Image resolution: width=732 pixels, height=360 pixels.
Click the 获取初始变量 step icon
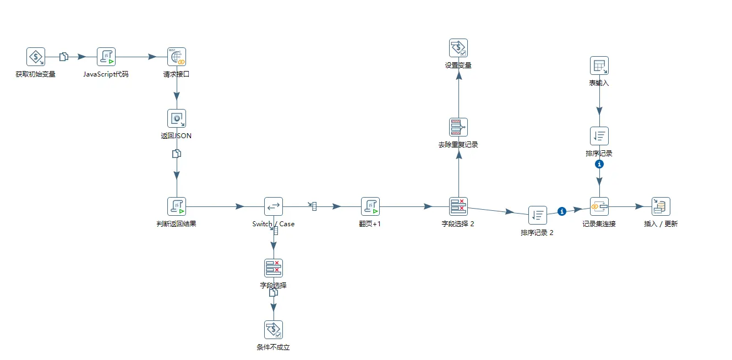pos(36,56)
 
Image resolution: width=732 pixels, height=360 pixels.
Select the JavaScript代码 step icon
pos(106,56)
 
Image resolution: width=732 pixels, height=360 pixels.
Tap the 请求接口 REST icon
pos(177,56)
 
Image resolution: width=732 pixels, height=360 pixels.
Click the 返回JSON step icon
pos(177,118)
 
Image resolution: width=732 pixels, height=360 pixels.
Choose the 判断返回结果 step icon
pos(177,206)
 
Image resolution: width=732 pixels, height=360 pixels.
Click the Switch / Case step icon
pos(274,206)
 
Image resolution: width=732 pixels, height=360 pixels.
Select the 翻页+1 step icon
pos(370,206)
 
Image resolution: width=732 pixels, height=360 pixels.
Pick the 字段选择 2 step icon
pos(458,206)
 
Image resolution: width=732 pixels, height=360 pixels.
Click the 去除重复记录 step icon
pos(458,127)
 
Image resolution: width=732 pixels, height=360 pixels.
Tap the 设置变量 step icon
pos(458,48)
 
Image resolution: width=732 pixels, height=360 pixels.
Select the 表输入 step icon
pos(599,66)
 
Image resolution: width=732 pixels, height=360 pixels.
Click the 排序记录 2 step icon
pos(538,215)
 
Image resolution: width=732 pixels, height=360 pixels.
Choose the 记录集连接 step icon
pos(599,206)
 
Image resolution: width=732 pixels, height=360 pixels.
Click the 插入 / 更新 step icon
pos(661,206)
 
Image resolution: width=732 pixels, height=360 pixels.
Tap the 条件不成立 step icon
pos(274,330)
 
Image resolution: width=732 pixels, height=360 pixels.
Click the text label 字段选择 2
pos(458,224)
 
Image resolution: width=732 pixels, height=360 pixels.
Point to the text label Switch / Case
pos(274,224)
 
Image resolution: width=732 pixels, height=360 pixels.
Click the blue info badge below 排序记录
pos(600,164)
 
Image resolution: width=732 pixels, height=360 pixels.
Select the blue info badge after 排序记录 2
pos(562,211)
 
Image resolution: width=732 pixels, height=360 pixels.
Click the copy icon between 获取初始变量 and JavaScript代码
pos(64,56)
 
